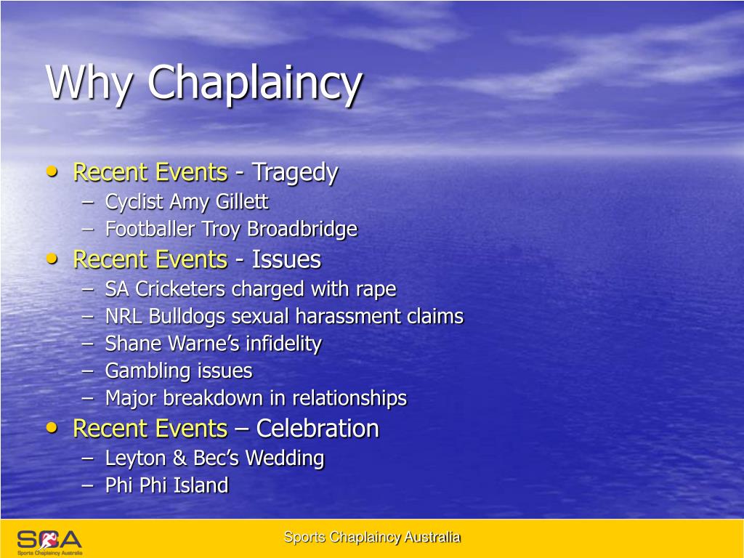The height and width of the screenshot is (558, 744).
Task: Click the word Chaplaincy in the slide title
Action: [x=254, y=83]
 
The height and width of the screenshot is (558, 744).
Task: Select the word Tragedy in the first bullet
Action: [x=295, y=173]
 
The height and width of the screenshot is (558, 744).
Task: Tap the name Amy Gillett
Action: [x=218, y=201]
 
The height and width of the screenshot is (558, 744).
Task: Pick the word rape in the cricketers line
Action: [x=376, y=289]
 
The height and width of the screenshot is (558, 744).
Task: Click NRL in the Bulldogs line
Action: [x=124, y=317]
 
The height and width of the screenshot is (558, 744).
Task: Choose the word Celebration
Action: [x=318, y=429]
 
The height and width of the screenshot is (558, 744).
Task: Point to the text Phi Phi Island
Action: [x=166, y=485]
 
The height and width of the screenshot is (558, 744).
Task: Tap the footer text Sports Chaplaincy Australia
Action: [x=371, y=538]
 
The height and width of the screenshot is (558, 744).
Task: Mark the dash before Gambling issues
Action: [x=88, y=371]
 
